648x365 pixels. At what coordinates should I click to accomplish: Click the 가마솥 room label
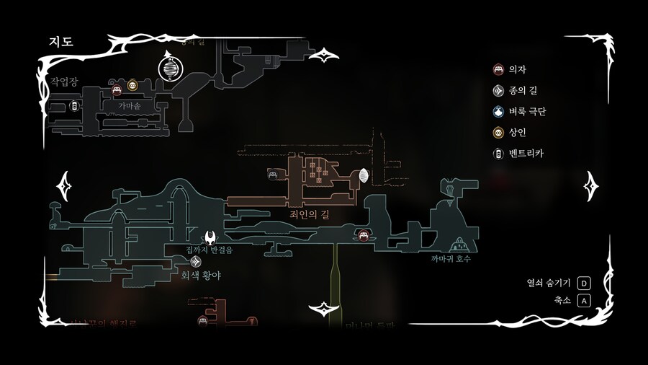(x=130, y=105)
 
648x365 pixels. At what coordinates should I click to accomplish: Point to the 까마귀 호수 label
(x=451, y=258)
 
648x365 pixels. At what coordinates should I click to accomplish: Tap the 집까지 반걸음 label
(x=210, y=250)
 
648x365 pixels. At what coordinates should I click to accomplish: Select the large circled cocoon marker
(x=171, y=70)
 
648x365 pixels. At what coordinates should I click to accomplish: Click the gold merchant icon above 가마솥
(x=132, y=86)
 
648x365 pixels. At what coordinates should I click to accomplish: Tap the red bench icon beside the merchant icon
(x=117, y=90)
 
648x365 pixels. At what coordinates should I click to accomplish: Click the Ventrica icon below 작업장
(x=74, y=107)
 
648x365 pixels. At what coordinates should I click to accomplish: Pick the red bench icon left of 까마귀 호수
(x=364, y=235)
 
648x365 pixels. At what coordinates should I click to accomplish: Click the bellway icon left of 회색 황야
(x=195, y=261)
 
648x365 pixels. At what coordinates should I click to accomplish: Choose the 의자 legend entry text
(x=517, y=70)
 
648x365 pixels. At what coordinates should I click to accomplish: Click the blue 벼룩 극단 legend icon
(x=498, y=112)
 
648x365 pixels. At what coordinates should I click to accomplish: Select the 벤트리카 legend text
(x=527, y=154)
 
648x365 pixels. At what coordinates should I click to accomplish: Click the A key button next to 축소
(x=583, y=300)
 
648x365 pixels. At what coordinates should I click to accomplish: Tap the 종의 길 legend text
(x=522, y=91)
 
